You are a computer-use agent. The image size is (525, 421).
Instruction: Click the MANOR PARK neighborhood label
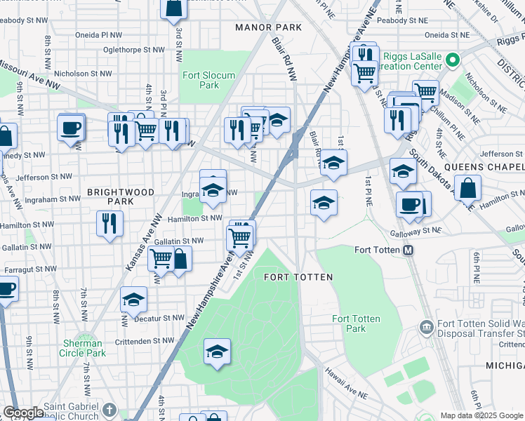click(x=269, y=27)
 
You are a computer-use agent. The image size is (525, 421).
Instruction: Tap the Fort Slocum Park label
click(x=208, y=80)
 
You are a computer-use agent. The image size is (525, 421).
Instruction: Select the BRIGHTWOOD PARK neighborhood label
click(x=110, y=196)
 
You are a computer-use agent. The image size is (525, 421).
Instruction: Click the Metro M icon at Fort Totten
click(x=407, y=250)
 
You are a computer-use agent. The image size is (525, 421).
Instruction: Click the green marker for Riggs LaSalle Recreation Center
click(x=453, y=59)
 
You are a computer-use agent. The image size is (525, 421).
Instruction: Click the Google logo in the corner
click(x=23, y=413)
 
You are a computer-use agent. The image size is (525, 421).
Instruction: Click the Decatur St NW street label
click(x=160, y=318)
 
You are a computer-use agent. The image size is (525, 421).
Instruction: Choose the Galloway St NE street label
click(x=416, y=230)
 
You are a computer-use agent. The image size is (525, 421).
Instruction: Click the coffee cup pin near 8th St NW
click(x=71, y=128)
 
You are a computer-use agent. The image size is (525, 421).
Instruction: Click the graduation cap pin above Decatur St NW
click(x=133, y=300)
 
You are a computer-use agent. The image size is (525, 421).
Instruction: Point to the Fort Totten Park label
click(x=356, y=323)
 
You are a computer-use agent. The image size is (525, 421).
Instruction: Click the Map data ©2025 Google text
click(x=481, y=415)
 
